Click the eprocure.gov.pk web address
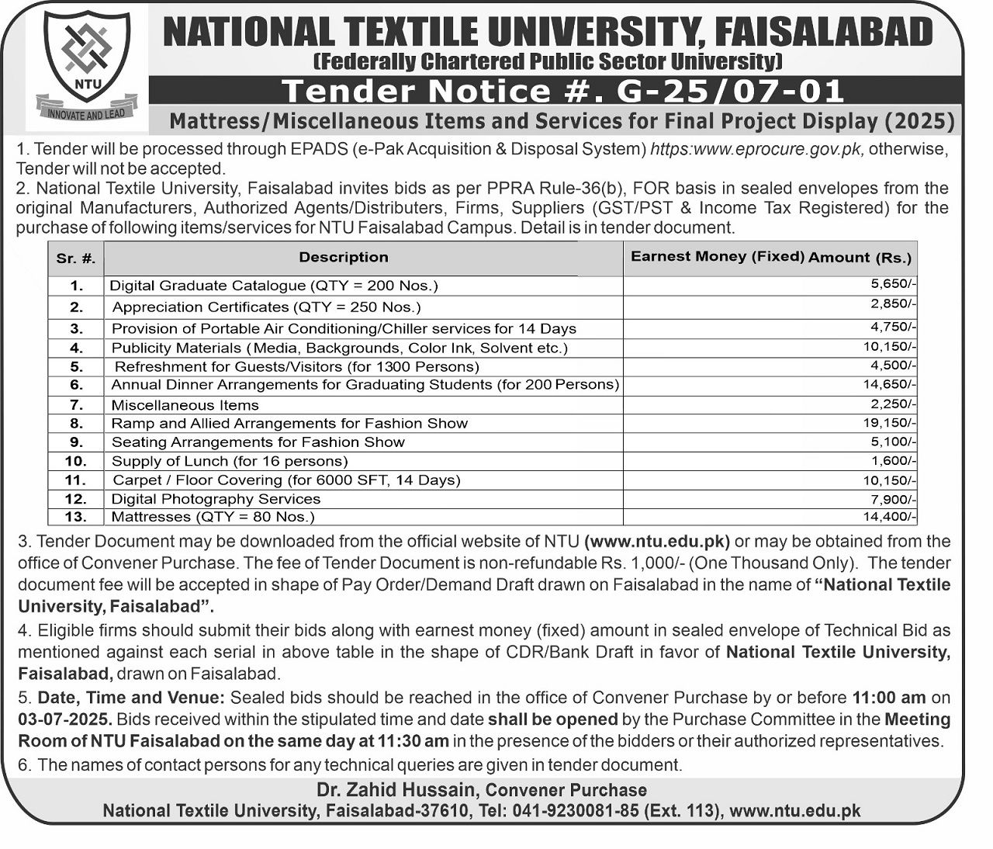[756, 148]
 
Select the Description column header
[344, 257]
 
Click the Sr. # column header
[76, 259]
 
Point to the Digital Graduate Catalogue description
[274, 286]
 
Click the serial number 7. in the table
[76, 404]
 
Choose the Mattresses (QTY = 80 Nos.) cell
[213, 516]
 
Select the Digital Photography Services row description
[216, 498]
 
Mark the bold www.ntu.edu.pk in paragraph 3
[657, 541]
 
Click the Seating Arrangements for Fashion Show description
[258, 442]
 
